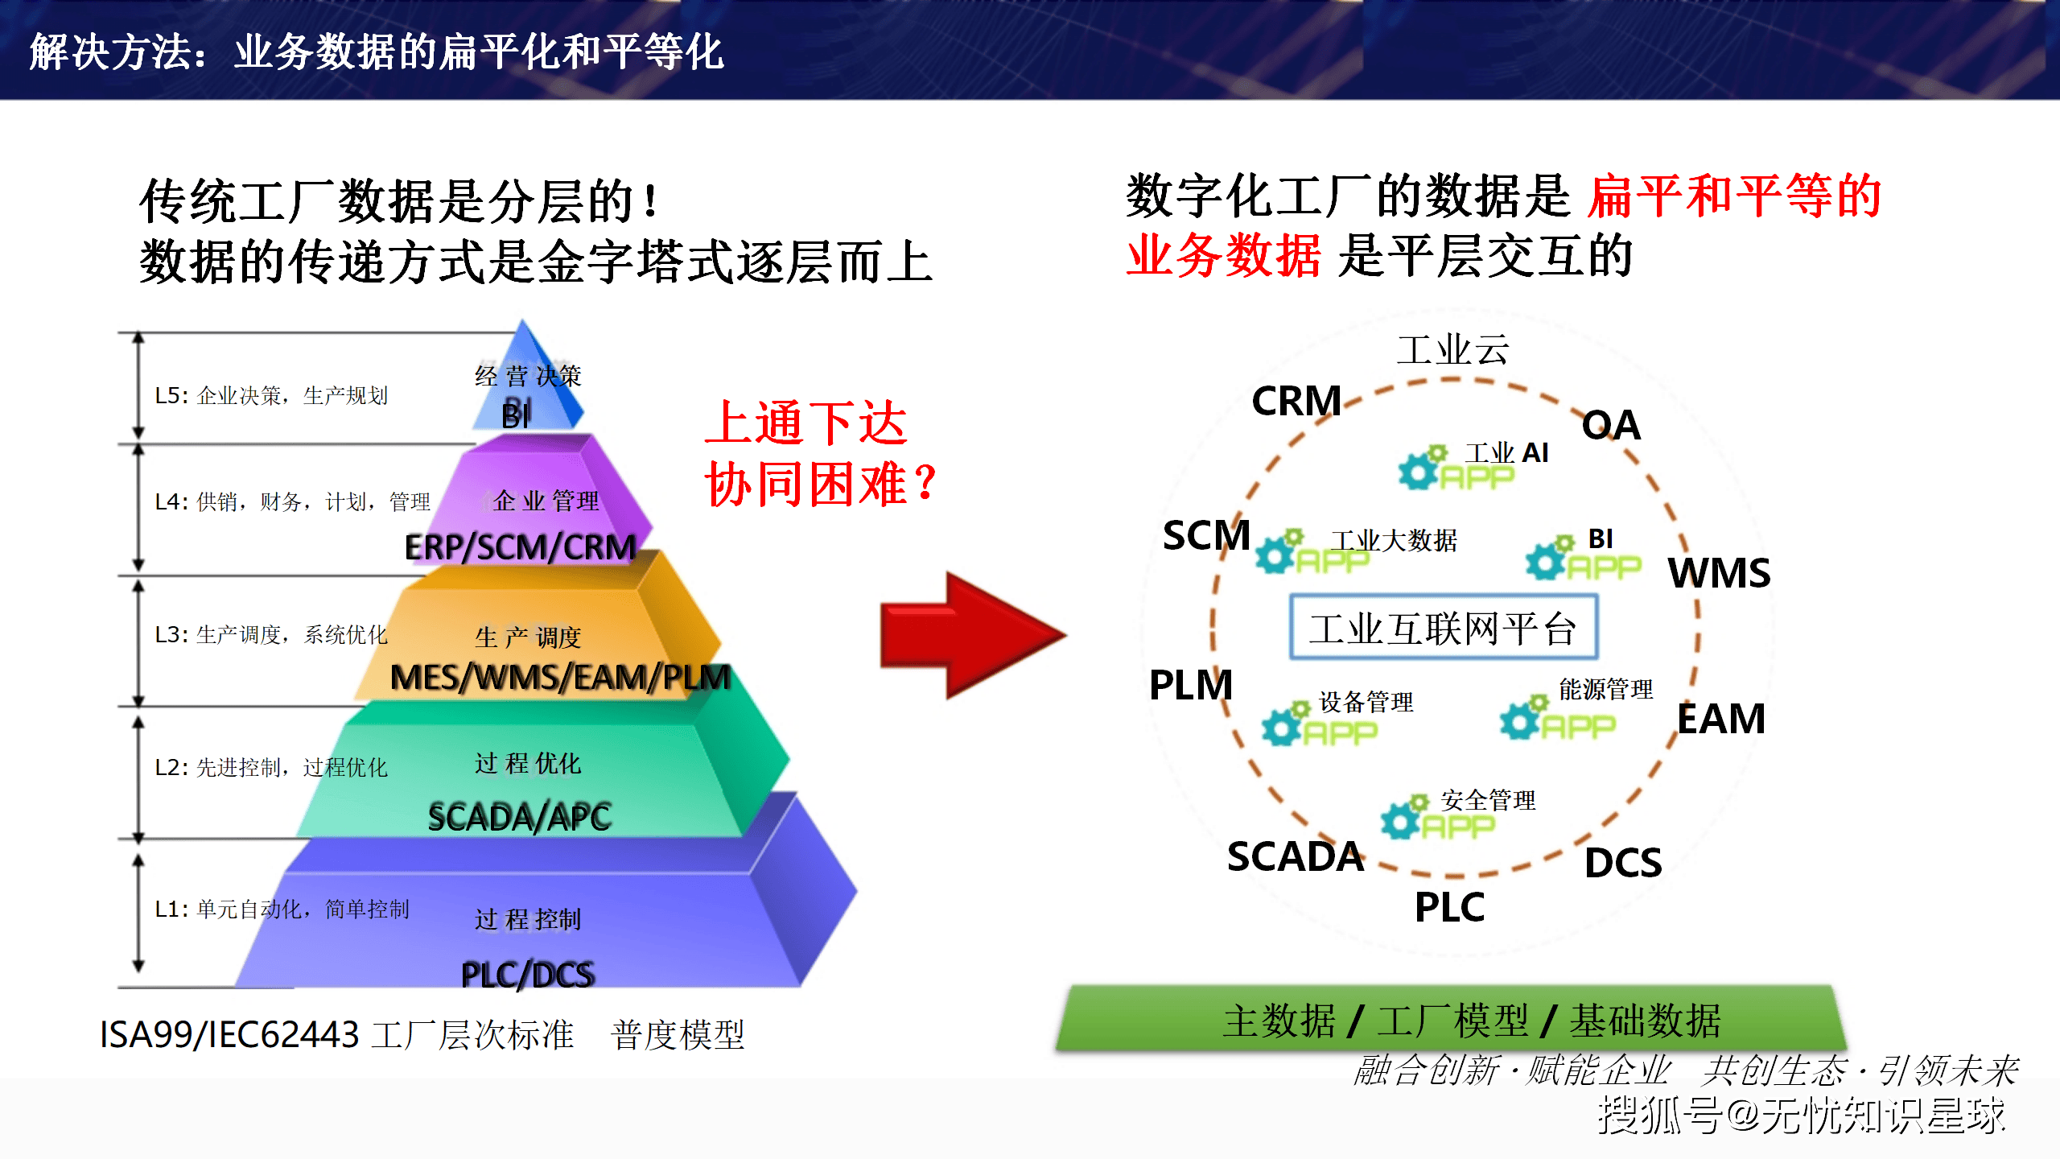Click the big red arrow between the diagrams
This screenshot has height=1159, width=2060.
pyautogui.click(x=970, y=635)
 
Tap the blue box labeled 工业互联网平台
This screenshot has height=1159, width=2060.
pyautogui.click(x=1443, y=628)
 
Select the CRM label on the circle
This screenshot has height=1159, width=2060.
pyautogui.click(x=1296, y=401)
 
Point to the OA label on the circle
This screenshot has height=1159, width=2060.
pyautogui.click(x=1610, y=425)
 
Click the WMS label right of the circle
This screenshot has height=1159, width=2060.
pyautogui.click(x=1719, y=573)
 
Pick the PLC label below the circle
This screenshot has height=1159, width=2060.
pyautogui.click(x=1449, y=907)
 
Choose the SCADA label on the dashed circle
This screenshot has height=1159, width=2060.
pyautogui.click(x=1295, y=856)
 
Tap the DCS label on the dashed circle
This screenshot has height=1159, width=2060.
pyautogui.click(x=1622, y=863)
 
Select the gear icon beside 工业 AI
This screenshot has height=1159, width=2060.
pyautogui.click(x=1419, y=468)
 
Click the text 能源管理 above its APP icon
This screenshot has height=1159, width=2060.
pyautogui.click(x=1605, y=689)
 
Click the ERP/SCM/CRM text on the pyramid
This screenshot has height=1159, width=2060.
pyautogui.click(x=520, y=547)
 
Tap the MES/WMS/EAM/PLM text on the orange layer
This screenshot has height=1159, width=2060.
pyautogui.click(x=560, y=678)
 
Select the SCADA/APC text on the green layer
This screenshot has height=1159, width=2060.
pyautogui.click(x=520, y=817)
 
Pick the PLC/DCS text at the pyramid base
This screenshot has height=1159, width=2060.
pyautogui.click(x=527, y=975)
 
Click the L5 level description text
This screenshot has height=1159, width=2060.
pyautogui.click(x=271, y=395)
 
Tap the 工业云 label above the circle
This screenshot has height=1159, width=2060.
pyautogui.click(x=1452, y=350)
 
